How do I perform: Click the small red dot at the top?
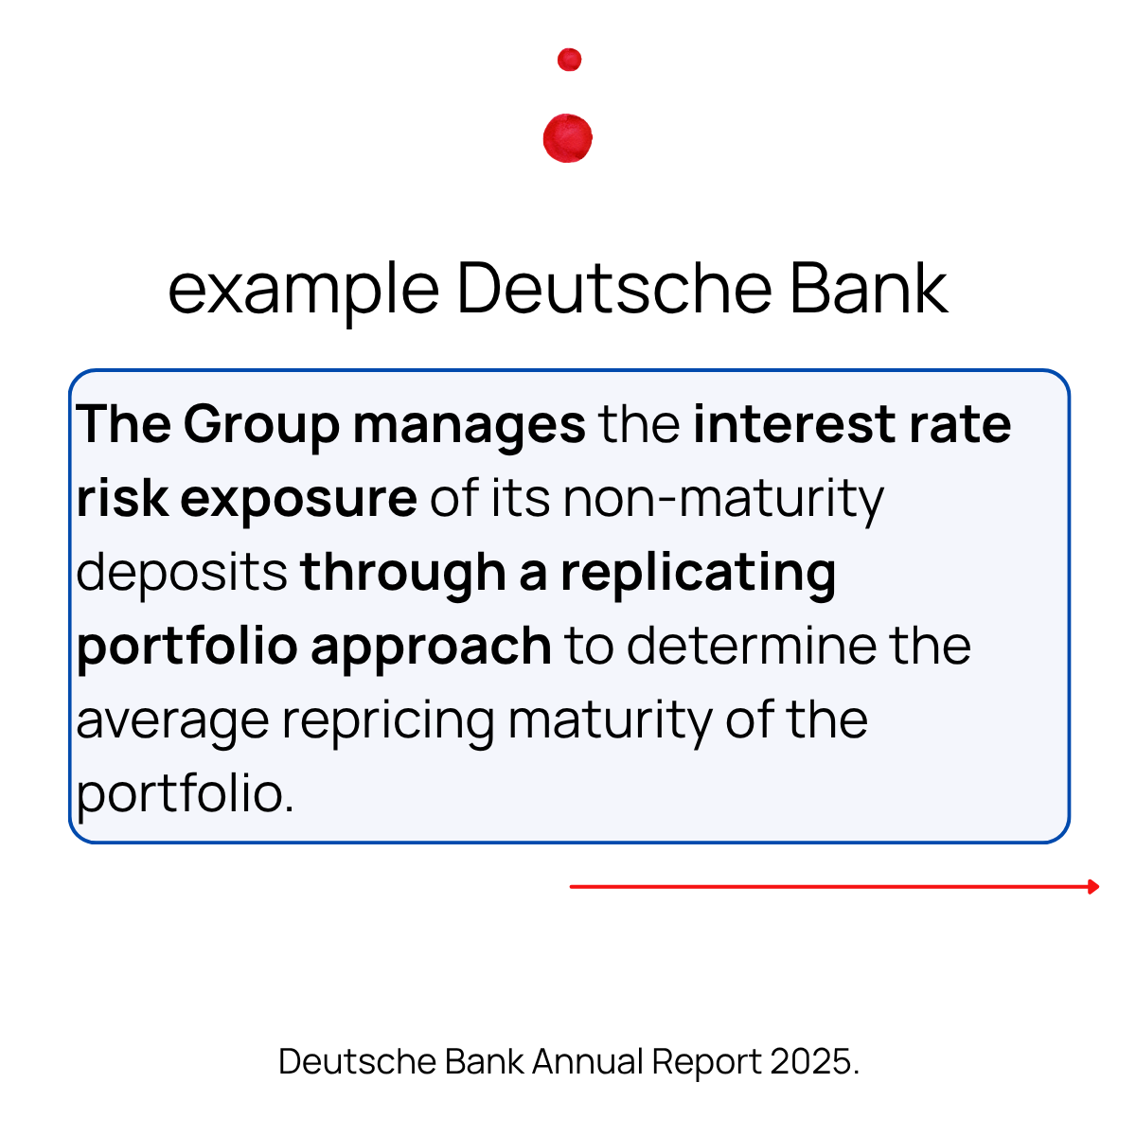click(569, 60)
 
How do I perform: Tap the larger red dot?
click(568, 138)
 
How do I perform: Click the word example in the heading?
click(303, 289)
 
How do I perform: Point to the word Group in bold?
click(261, 425)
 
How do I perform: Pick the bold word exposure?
click(298, 499)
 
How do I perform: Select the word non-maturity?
click(723, 499)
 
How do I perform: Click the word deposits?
click(182, 573)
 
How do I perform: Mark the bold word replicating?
click(698, 573)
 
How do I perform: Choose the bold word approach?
click(431, 648)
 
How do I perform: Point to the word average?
click(172, 721)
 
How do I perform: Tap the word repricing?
click(388, 721)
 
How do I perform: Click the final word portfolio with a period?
click(186, 793)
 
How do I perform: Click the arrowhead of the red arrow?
click(1093, 887)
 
